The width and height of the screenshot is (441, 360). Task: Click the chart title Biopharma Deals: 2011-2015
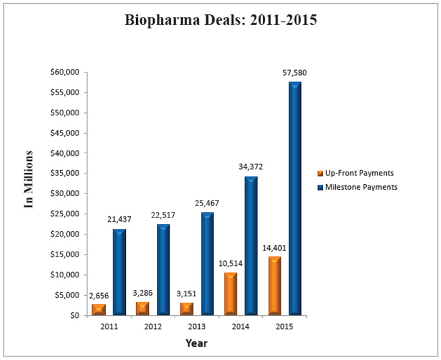click(x=220, y=20)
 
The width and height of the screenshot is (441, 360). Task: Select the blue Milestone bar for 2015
click(x=295, y=198)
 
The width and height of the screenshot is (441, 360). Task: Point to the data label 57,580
click(x=295, y=73)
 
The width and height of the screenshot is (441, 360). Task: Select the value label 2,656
click(x=98, y=295)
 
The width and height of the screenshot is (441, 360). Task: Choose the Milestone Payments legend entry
click(x=357, y=187)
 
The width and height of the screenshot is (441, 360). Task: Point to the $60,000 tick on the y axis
click(x=63, y=73)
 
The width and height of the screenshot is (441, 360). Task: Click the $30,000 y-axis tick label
click(x=63, y=194)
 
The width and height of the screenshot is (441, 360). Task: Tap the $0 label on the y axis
click(x=72, y=315)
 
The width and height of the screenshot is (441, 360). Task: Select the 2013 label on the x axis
click(x=197, y=327)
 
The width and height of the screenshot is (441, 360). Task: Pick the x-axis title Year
click(x=197, y=344)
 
